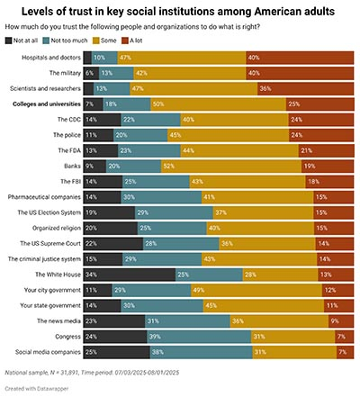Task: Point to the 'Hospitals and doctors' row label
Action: (x=50, y=57)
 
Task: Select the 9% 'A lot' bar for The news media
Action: (x=339, y=320)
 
